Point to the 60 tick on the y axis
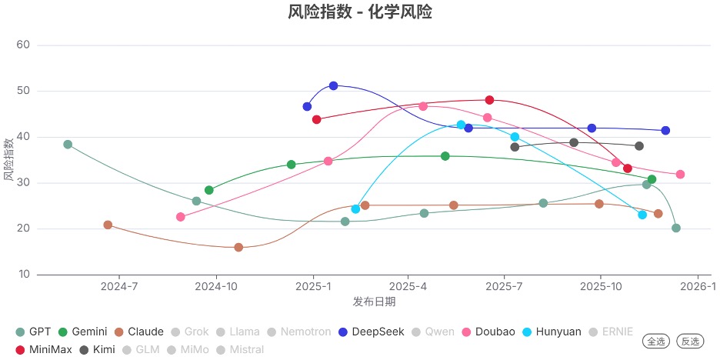[23, 45]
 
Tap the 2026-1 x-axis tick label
[698, 287]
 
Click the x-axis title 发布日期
[374, 302]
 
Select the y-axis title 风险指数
[8, 160]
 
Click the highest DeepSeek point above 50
[333, 85]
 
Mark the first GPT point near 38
[68, 145]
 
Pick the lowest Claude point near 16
[238, 248]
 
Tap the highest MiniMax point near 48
[489, 100]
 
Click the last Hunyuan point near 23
[642, 215]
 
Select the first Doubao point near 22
[181, 217]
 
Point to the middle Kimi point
[574, 142]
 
